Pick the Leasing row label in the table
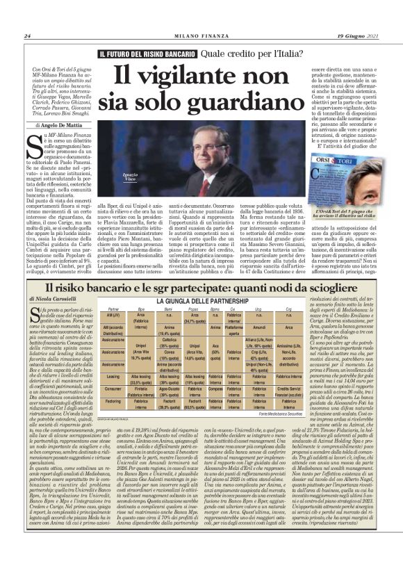tap(112, 375)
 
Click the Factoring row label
tap(112, 401)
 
